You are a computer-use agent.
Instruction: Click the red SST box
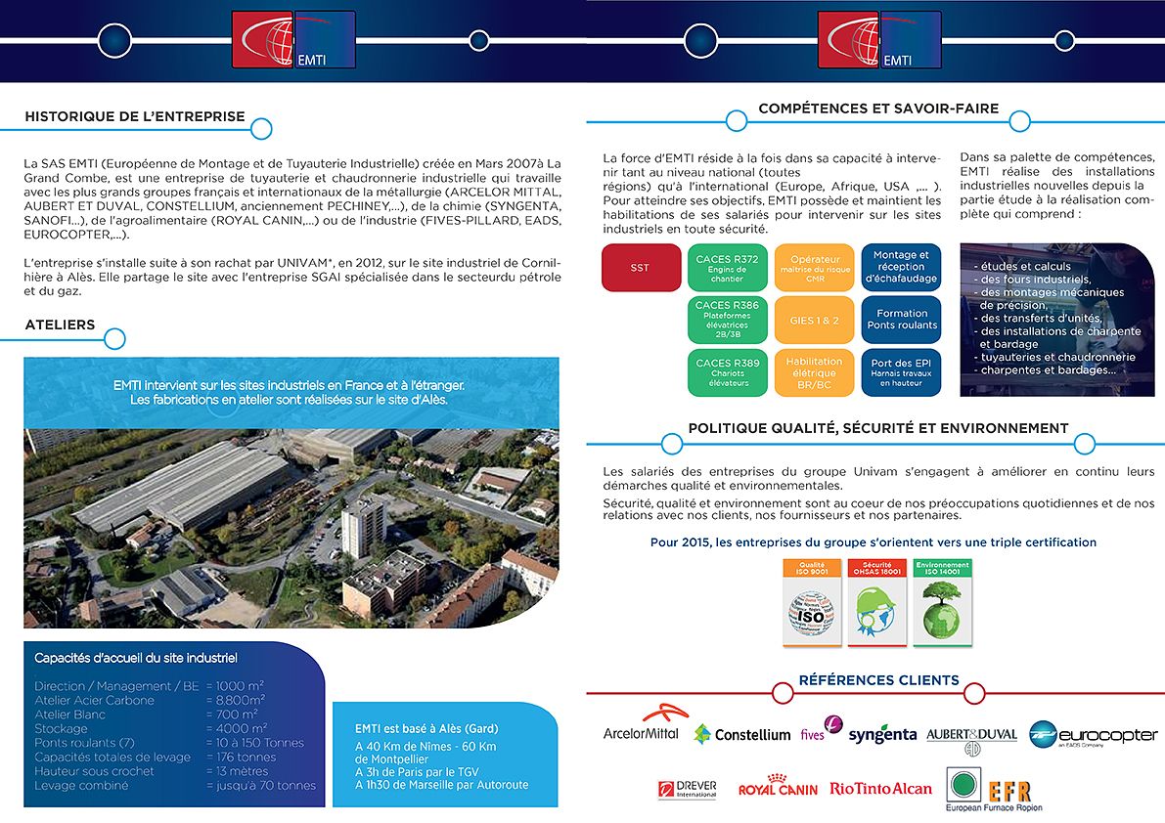641,268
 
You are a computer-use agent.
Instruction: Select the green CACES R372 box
727,268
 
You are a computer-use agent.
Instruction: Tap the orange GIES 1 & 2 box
814,321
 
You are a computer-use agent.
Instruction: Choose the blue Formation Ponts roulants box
901,320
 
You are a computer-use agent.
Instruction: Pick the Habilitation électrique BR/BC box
814,373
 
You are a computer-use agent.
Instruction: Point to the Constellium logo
742,734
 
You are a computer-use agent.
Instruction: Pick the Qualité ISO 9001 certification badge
813,602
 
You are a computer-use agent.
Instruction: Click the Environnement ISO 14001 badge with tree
942,602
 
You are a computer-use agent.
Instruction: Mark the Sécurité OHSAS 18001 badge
877,602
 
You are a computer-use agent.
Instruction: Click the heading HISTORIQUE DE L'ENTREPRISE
135,116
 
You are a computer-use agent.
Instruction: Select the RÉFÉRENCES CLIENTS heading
878,680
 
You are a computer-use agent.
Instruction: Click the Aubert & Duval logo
971,738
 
